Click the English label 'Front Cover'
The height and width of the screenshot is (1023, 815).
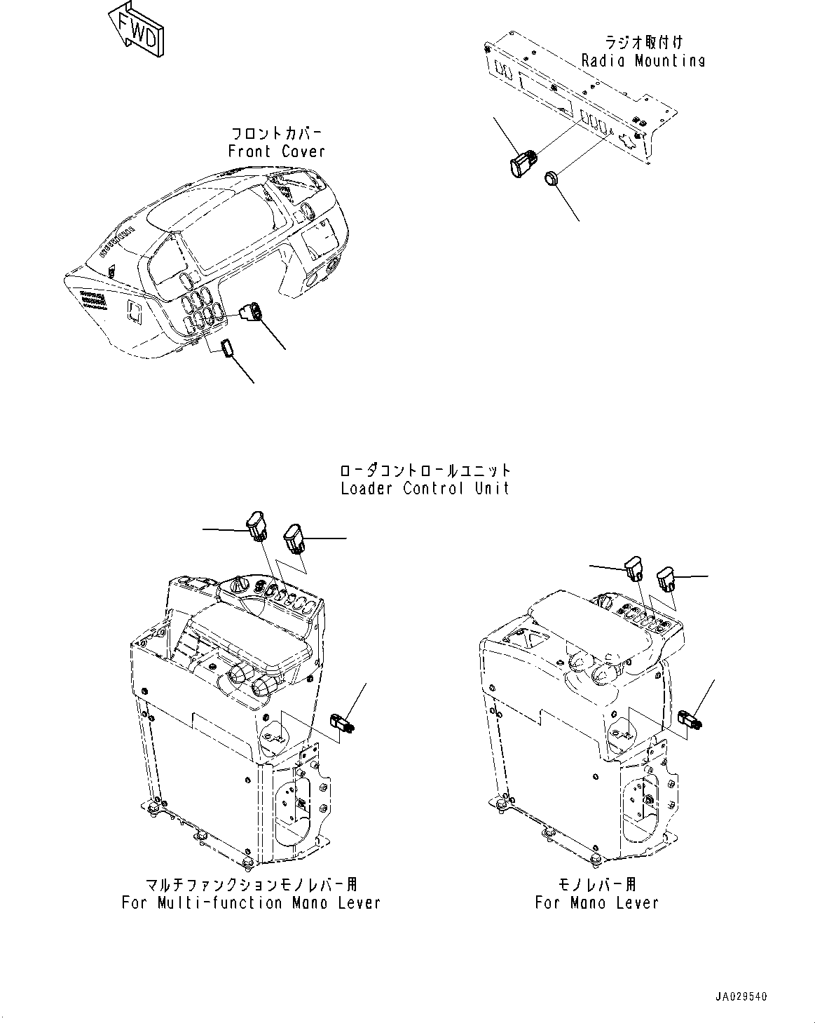pos(276,151)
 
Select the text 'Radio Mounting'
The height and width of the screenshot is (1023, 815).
pos(643,61)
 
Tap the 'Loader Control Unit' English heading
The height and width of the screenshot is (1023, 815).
pos(425,489)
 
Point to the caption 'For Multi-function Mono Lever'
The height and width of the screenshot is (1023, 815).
pos(251,903)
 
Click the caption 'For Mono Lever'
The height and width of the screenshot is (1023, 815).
pos(596,903)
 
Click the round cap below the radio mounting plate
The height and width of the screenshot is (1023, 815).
pos(552,179)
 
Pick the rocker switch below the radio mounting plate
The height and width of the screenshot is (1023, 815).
pos(522,164)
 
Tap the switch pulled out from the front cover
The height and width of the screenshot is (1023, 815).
pos(253,313)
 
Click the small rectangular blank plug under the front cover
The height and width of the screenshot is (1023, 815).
pos(228,348)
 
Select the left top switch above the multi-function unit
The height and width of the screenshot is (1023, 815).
pos(254,525)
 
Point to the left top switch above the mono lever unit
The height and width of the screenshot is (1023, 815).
pos(635,569)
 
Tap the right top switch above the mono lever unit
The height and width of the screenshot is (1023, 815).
pos(666,580)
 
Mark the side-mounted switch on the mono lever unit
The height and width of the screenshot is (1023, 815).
pos(690,719)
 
